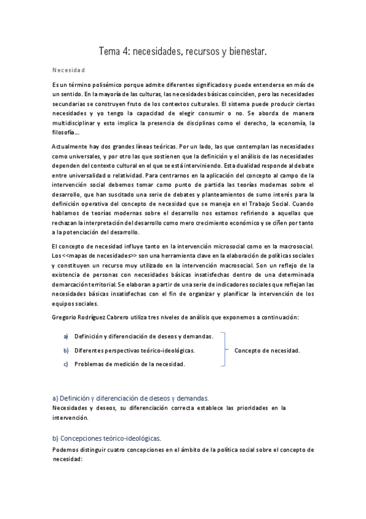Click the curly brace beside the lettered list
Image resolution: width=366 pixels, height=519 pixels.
224,351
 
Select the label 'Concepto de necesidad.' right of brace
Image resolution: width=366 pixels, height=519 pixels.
267,351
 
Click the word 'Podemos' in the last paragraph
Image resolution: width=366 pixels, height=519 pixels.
67,449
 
